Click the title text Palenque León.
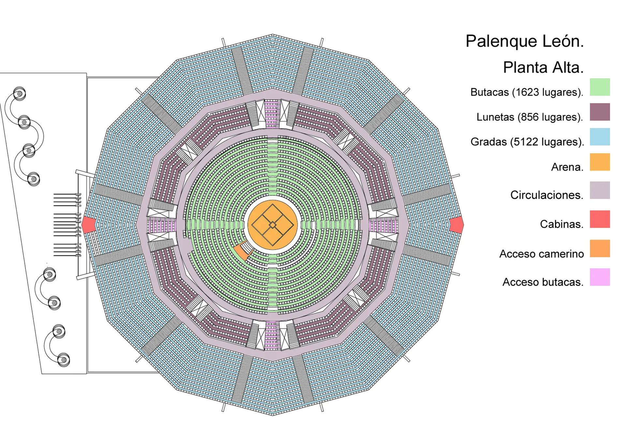coord(524,41)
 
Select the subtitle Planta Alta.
coord(543,67)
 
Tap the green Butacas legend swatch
coord(600,87)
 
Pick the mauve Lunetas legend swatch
coord(600,112)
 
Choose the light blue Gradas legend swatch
coord(600,137)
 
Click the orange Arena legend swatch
coord(600,162)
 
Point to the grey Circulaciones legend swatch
coord(600,190)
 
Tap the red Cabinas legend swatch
coord(600,219)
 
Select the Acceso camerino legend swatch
coord(600,249)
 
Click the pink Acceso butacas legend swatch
coord(600,277)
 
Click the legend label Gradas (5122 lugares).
coord(527,142)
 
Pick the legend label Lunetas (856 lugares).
coord(529,117)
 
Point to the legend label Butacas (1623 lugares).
coord(527,92)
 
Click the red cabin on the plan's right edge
coord(456,225)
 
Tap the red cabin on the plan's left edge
coord(88,225)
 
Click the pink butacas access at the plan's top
coord(272,114)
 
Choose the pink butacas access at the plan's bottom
coord(272,336)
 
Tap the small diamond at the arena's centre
coord(273,225)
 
